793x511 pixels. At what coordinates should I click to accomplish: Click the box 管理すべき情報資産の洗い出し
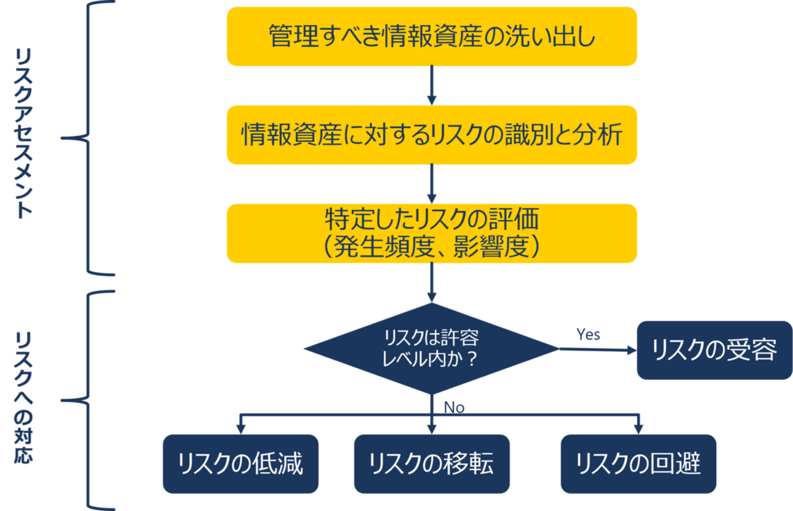pyautogui.click(x=432, y=37)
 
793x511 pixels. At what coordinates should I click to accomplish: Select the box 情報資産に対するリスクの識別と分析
pyautogui.click(x=432, y=135)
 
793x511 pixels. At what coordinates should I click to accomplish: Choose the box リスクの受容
pyautogui.click(x=714, y=350)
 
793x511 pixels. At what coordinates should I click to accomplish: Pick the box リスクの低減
pyautogui.click(x=240, y=463)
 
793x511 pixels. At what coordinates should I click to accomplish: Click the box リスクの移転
pyautogui.click(x=431, y=463)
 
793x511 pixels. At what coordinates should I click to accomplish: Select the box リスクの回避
pyautogui.click(x=638, y=463)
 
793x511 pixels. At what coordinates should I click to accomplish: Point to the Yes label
pyautogui.click(x=588, y=334)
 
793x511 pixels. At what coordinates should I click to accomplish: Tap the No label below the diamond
pyautogui.click(x=454, y=407)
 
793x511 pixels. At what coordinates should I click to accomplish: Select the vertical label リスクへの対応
pyautogui.click(x=24, y=399)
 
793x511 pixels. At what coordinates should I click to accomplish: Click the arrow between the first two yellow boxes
pyautogui.click(x=432, y=85)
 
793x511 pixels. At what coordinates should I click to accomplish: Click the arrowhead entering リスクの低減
pyautogui.click(x=240, y=429)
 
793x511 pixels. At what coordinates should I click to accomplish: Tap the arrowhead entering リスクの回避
pyautogui.click(x=638, y=429)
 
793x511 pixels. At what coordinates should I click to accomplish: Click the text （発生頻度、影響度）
pyautogui.click(x=432, y=247)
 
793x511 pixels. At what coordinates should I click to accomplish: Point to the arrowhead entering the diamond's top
pyautogui.click(x=432, y=296)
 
